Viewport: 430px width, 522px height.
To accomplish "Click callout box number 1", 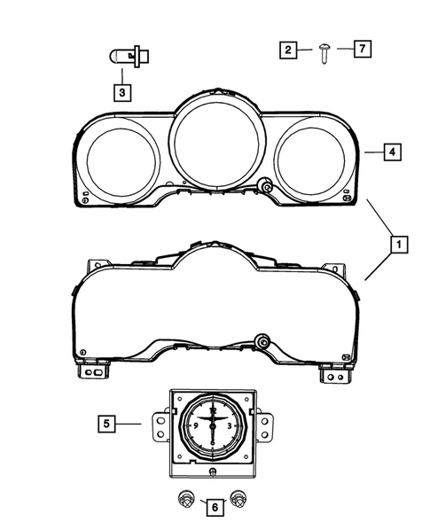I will click(x=399, y=242).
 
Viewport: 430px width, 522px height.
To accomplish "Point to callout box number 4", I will click(x=391, y=152).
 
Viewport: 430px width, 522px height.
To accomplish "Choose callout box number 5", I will click(x=106, y=425).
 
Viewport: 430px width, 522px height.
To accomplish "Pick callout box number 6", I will click(x=213, y=506).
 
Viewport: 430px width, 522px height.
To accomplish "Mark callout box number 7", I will click(x=361, y=50).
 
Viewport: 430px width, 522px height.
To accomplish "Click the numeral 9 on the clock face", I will click(x=193, y=425).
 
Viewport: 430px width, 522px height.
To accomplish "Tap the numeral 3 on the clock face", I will click(x=231, y=425).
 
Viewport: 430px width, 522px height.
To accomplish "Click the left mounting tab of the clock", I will click(x=160, y=425).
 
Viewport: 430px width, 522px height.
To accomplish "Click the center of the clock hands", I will click(x=214, y=423).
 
